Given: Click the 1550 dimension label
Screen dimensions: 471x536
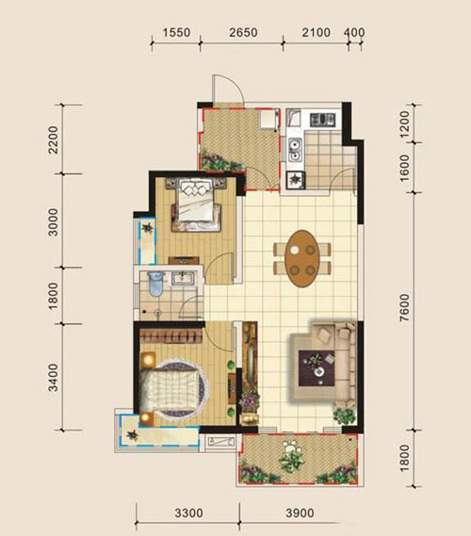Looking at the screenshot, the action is tap(176, 33).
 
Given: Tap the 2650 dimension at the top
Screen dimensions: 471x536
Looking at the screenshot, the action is tap(243, 33).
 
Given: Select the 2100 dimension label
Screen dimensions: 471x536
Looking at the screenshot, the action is tap(317, 33).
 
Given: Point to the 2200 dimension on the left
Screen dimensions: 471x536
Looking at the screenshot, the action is tap(54, 139).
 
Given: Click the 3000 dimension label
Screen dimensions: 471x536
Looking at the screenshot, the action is tap(54, 222).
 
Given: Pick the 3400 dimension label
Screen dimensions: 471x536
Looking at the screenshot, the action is tap(54, 377).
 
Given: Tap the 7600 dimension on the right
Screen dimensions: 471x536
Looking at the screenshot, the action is tap(405, 307).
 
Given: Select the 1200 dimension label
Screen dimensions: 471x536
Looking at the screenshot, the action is tap(405, 123).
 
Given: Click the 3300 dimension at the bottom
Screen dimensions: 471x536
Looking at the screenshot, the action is tap(189, 513).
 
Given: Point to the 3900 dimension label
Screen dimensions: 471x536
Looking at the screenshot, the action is tap(300, 513).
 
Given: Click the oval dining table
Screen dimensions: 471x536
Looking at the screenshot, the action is tap(302, 258).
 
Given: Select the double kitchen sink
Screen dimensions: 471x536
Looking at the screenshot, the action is tap(295, 150).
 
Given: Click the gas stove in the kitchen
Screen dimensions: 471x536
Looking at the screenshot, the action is tap(322, 120).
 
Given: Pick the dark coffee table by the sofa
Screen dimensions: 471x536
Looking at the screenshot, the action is tap(317, 368).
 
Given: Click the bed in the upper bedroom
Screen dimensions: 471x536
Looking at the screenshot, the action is tap(196, 203).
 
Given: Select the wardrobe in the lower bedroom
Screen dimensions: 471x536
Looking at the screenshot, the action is tap(171, 335).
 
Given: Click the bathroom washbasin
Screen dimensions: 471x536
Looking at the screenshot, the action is tap(184, 278).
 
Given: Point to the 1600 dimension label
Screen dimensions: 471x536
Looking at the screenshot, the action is tap(405, 169).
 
